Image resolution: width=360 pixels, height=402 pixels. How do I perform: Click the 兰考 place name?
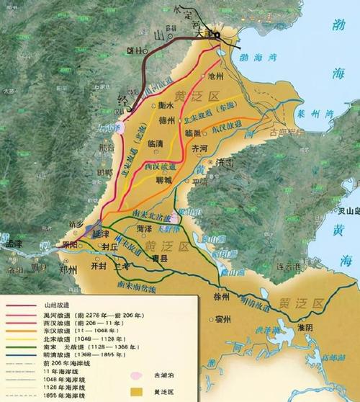click(122, 265)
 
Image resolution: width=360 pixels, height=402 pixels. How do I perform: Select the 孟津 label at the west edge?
click(15, 244)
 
